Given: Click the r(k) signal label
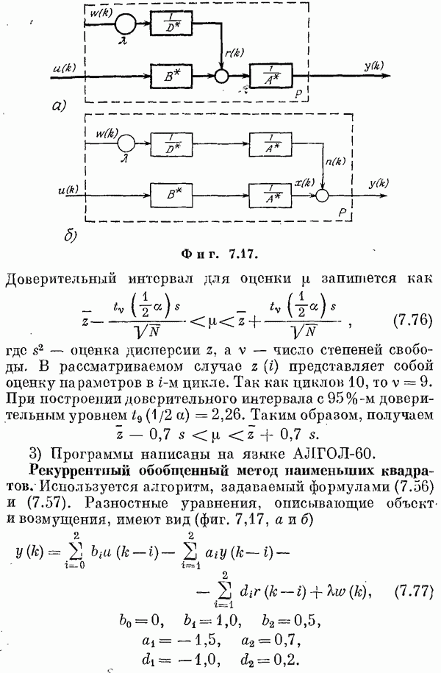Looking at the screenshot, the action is click(x=234, y=53).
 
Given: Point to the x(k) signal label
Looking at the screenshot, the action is click(x=304, y=182).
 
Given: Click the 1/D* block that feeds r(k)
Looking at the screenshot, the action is click(x=171, y=24).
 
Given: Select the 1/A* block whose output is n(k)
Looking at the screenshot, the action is click(x=270, y=144).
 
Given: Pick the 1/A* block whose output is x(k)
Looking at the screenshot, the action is click(x=270, y=196).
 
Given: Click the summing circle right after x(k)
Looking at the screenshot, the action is click(x=322, y=196).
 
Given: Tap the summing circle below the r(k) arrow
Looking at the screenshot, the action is click(x=221, y=76).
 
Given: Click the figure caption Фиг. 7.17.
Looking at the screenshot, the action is click(x=219, y=254).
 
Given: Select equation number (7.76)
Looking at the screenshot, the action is click(x=412, y=320).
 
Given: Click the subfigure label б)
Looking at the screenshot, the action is click(x=71, y=236).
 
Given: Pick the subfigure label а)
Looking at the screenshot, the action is click(x=59, y=105).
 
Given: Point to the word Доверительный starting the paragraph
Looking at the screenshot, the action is click(x=61, y=279).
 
